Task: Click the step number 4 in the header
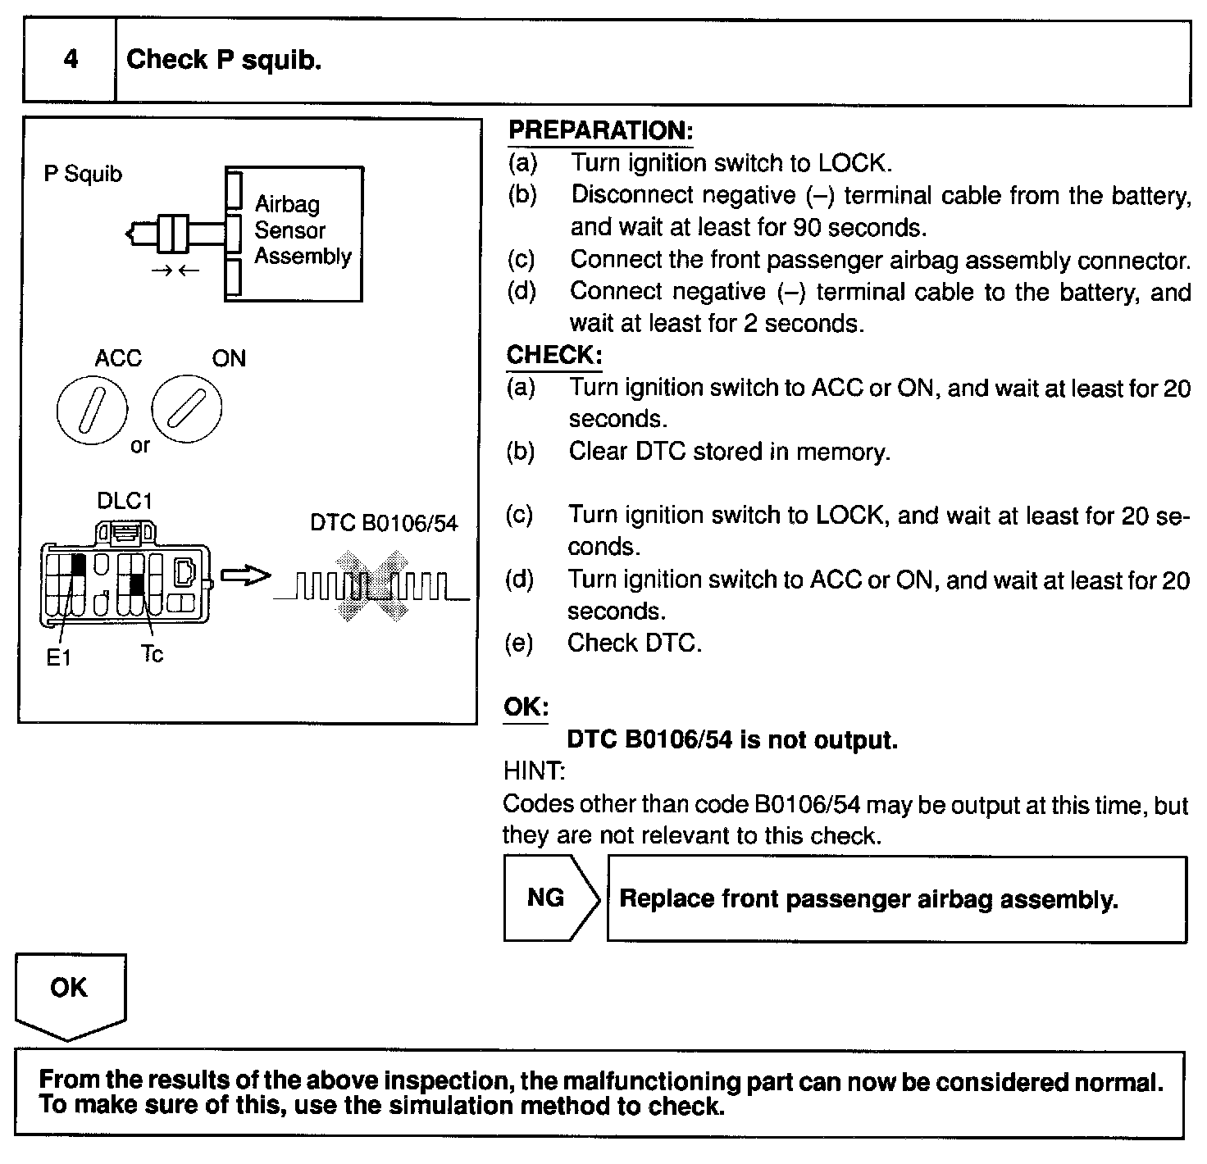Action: click(x=71, y=59)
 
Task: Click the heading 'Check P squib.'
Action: click(x=224, y=59)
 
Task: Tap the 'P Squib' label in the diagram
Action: click(x=83, y=174)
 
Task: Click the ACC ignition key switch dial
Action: click(x=93, y=410)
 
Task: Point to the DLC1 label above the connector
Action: click(x=125, y=500)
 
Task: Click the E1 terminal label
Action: click(x=58, y=658)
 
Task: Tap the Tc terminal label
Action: click(x=152, y=653)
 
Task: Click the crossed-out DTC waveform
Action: click(x=372, y=585)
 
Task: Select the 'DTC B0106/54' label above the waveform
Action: click(x=384, y=523)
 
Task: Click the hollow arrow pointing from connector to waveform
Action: click(x=245, y=576)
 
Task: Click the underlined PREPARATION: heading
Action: click(x=600, y=130)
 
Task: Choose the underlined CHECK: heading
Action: click(x=554, y=355)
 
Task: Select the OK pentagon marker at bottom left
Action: click(x=70, y=993)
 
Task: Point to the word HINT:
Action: click(x=534, y=771)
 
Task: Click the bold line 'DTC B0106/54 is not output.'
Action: click(x=732, y=739)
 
